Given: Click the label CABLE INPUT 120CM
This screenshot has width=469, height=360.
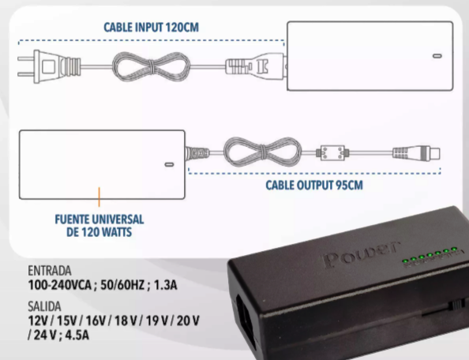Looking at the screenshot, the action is [x=151, y=28].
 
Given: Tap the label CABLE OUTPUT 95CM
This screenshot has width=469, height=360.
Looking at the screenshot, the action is [x=314, y=185].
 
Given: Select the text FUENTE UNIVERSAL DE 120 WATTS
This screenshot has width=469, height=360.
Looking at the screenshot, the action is [x=99, y=226].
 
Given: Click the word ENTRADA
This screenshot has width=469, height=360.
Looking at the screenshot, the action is [x=50, y=271].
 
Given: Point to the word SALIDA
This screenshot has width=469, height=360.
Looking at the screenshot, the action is [x=44, y=306].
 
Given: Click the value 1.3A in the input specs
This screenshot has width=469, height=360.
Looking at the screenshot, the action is [x=165, y=285].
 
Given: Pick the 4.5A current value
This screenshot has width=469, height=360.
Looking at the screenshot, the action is [x=77, y=335].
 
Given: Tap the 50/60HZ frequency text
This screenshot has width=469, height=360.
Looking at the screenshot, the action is [x=122, y=285].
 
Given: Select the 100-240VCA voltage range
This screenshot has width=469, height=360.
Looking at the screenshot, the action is [x=59, y=285].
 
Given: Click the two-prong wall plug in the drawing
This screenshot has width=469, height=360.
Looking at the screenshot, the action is [x=49, y=66].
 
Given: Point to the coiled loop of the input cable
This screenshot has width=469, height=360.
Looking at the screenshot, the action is [x=151, y=66].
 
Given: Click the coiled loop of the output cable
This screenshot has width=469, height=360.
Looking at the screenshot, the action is [x=263, y=152].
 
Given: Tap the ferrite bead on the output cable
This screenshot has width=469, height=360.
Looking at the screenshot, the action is [x=332, y=153].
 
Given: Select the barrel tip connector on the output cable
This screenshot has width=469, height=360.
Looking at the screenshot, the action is [x=416, y=153].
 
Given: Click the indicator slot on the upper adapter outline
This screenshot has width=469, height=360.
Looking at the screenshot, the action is [x=437, y=56].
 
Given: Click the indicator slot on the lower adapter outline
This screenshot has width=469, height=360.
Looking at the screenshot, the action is [x=169, y=164].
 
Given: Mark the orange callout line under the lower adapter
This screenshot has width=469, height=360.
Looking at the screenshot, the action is [x=99, y=197].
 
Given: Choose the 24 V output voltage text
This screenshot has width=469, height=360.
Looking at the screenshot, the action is [x=44, y=335].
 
